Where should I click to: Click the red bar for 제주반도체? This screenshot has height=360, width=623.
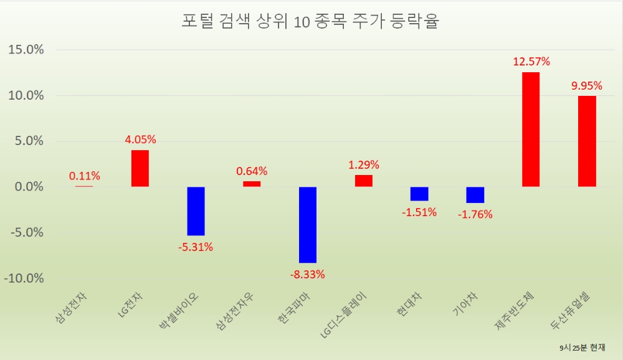point(531,130)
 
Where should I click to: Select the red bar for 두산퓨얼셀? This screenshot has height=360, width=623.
point(587,141)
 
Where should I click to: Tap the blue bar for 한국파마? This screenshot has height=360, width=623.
point(308,225)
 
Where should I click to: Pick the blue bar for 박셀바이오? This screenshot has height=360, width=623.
point(196,211)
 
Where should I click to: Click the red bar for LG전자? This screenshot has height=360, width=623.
point(140,168)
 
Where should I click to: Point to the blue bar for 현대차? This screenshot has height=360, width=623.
point(419,194)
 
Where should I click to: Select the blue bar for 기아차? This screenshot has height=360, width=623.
point(475,195)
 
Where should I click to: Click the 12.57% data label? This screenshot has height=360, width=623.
point(531,62)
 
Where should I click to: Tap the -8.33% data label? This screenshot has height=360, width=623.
point(308,274)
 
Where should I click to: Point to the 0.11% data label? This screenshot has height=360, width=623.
point(84,176)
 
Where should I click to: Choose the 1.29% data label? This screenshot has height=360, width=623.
point(364,165)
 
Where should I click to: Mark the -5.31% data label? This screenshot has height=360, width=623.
point(196,247)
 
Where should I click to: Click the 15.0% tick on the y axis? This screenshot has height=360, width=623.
point(27,50)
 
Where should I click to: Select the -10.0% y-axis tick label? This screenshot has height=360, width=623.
point(24,278)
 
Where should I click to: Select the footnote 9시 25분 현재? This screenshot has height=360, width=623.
point(582,347)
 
